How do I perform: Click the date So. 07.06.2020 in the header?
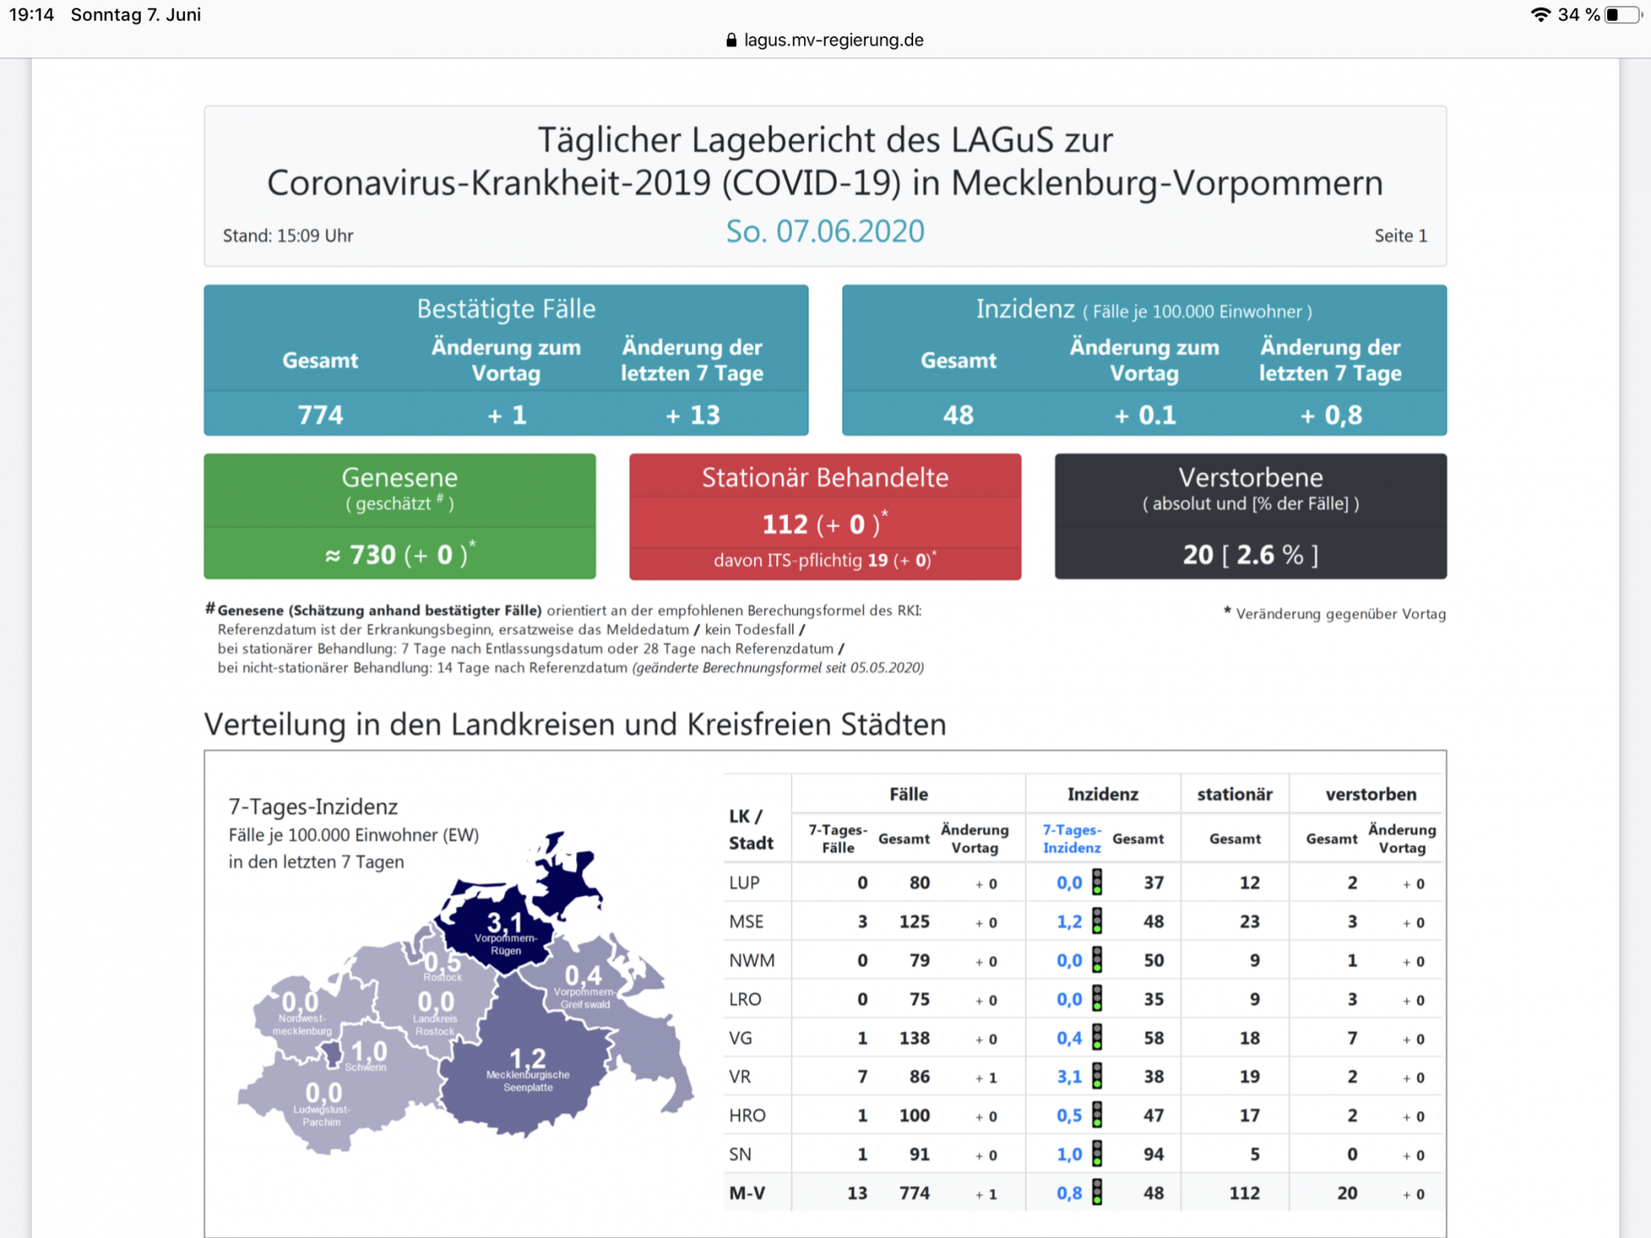(825, 231)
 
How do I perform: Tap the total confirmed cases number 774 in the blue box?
(320, 415)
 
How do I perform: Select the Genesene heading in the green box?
(399, 477)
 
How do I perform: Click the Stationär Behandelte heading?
(825, 477)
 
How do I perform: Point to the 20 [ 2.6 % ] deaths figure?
(1249, 555)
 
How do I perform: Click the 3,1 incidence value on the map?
(504, 922)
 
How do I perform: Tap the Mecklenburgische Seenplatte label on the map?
(528, 1081)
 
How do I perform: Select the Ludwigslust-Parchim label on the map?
(322, 1115)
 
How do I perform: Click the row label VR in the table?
(740, 1076)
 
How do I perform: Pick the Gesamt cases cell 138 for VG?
(914, 1038)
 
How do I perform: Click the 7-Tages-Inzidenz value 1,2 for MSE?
(1069, 922)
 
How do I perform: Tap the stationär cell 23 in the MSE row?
(1249, 922)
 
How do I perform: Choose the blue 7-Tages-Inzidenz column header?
(1071, 838)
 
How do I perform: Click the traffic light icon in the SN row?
(1097, 1154)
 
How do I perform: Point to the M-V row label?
(746, 1193)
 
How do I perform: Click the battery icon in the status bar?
(1622, 15)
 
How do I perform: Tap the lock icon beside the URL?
(731, 40)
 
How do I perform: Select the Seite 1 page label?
(1400, 236)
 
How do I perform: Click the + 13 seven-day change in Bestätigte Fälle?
(692, 415)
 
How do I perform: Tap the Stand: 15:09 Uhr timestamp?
(288, 236)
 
